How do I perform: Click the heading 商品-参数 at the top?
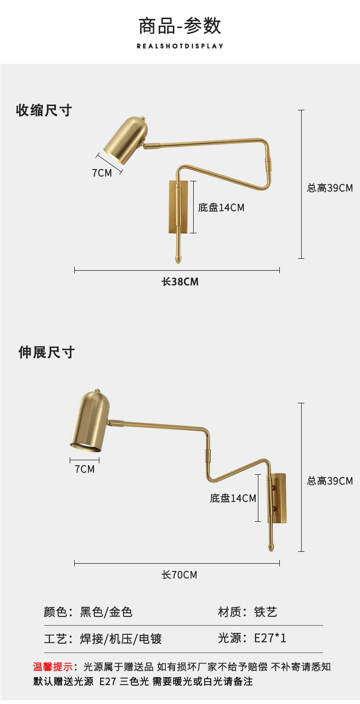coord(180,26)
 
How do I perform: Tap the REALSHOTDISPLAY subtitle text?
coord(180,46)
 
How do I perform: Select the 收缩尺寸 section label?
coord(44,110)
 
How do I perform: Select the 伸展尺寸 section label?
coord(46,352)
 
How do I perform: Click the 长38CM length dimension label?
coord(180,282)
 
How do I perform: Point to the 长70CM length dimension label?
coord(180,575)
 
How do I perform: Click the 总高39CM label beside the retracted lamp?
coord(330,188)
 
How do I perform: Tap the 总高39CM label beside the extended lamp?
coord(330,481)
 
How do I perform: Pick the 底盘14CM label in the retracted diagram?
coord(221,207)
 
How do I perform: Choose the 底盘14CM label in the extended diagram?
coord(233,498)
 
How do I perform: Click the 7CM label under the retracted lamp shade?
coord(102,173)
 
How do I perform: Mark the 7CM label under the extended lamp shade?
coord(84,469)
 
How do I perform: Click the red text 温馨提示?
coord(52,667)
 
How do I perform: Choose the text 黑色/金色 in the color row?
coord(106,612)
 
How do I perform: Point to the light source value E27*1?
coord(270,638)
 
